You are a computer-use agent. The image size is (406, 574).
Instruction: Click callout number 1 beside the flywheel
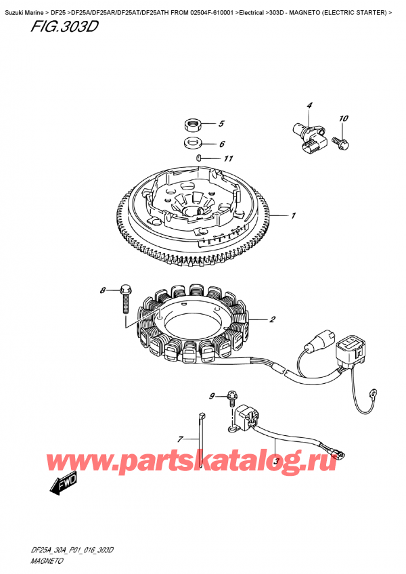point(294,216)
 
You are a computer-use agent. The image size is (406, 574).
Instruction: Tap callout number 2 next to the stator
point(272,319)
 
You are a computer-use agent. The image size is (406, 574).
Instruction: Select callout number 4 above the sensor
point(309,106)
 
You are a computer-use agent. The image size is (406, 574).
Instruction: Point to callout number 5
point(221,124)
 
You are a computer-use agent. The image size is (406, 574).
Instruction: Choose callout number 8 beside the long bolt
point(103,290)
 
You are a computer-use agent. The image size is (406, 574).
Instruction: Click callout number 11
point(228,158)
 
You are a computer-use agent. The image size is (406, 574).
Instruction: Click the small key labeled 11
point(198,158)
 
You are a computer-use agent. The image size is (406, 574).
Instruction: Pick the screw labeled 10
point(340,143)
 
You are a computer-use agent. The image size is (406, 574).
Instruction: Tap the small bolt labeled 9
point(231,399)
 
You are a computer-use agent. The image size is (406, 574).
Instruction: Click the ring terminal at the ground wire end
point(374,395)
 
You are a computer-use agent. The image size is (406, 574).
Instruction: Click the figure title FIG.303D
point(64,26)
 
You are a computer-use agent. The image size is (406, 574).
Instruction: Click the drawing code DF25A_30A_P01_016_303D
point(72,550)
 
